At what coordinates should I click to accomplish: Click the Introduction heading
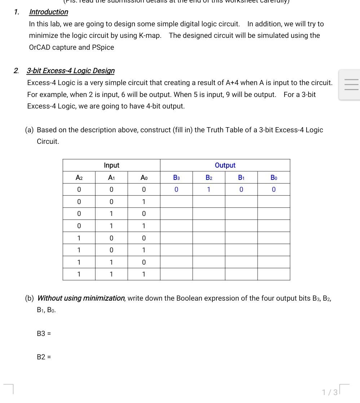click(x=48, y=12)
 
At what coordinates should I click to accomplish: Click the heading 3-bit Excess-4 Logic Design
click(x=70, y=71)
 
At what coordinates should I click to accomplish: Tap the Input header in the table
click(x=111, y=165)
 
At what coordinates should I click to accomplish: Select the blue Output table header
click(x=225, y=165)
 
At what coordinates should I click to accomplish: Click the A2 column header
click(x=79, y=177)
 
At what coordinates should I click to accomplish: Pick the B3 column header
click(x=176, y=177)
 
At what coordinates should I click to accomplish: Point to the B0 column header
click(x=274, y=177)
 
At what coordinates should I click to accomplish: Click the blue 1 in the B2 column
click(x=208, y=190)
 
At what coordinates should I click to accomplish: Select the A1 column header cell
click(x=111, y=177)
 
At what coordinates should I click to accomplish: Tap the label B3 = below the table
click(x=44, y=333)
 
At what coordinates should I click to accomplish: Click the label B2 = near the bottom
click(x=44, y=357)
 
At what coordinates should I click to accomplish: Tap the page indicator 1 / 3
click(x=330, y=392)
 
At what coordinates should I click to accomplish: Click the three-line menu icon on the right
click(x=351, y=85)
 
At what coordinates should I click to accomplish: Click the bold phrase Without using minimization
click(x=81, y=298)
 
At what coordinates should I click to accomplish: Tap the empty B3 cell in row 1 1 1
click(x=176, y=274)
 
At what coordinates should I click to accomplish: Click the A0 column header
click(x=144, y=177)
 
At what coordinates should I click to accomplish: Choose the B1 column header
click(x=241, y=177)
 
